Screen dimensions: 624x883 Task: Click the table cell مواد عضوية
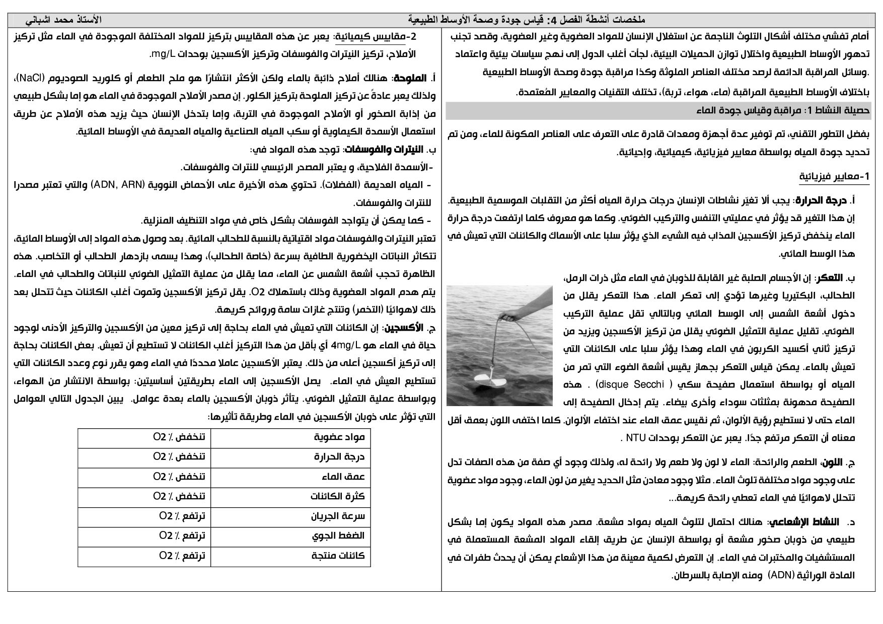click(339, 437)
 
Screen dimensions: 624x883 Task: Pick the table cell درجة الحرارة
click(339, 457)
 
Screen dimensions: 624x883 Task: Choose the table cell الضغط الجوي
click(339, 536)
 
